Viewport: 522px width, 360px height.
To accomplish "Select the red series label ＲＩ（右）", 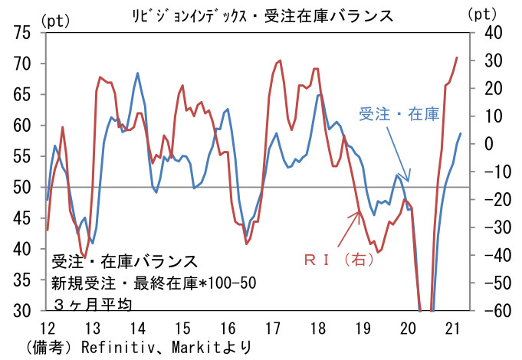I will [337, 260].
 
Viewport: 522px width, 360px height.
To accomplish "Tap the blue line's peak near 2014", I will [137, 74].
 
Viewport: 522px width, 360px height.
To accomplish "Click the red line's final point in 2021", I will [458, 57].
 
